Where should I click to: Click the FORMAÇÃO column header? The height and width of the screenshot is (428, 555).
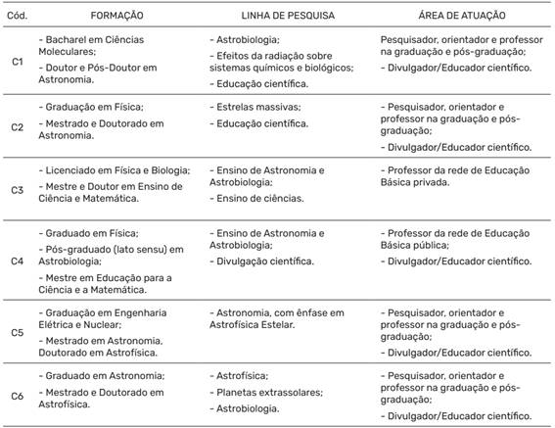(x=116, y=17)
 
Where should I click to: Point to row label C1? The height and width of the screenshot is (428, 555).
(x=17, y=61)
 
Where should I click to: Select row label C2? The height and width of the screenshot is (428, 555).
(x=17, y=126)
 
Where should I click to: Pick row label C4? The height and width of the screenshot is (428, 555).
(x=17, y=262)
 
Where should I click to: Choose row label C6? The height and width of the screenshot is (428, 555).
(x=17, y=395)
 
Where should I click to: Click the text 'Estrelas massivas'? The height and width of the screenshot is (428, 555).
(x=258, y=106)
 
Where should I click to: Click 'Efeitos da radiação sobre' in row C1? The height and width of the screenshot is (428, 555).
(x=277, y=56)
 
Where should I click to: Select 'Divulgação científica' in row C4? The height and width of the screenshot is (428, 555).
(x=265, y=262)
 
